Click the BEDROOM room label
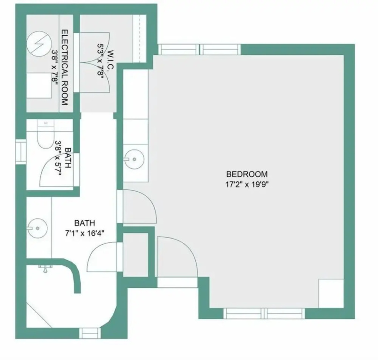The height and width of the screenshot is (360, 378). point(247,174)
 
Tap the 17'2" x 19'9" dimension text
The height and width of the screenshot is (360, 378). point(247,185)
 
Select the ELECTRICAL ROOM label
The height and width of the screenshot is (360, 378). point(65,67)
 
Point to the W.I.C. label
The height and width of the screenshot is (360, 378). point(111,60)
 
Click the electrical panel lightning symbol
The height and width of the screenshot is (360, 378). point(39,45)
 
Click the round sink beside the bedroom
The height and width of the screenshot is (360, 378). point(134,159)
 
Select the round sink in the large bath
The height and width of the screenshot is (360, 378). point(37,228)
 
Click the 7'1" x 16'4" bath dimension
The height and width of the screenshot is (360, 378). point(84,233)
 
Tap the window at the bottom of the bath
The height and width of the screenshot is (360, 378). point(90,333)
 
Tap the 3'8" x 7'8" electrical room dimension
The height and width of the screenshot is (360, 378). point(55,67)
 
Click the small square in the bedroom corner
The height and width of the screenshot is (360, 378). point(331,293)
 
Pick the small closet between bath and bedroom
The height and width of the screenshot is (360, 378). point(135,255)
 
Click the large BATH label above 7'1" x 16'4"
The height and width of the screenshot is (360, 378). point(84,223)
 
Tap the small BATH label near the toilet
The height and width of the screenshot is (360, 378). point(68,157)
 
